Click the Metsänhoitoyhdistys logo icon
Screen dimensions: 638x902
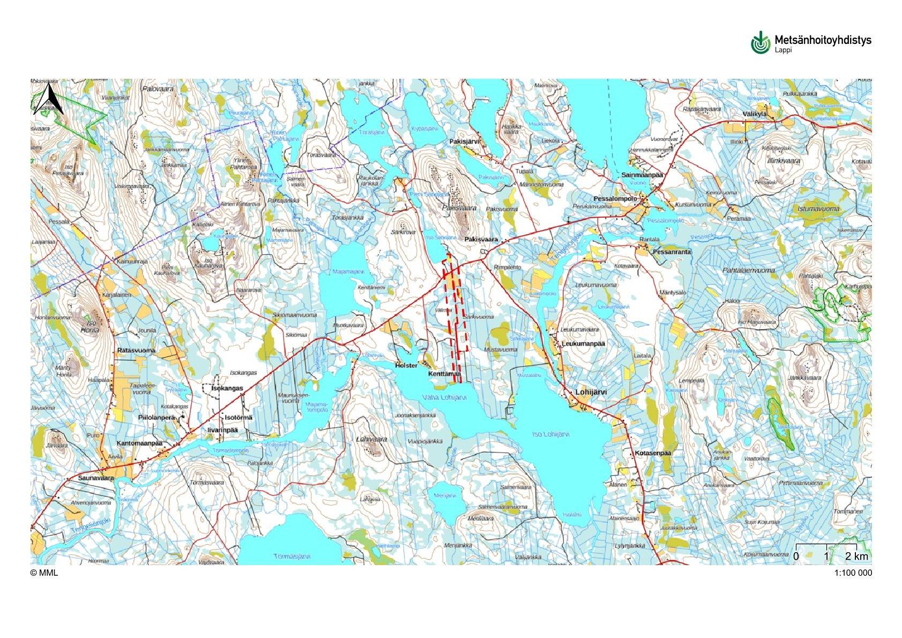tap(760, 43)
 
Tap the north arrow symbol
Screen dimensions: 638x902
tap(49, 99)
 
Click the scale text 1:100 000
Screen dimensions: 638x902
tap(853, 573)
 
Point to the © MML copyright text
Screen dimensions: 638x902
tap(44, 573)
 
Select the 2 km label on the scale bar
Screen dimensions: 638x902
tap(856, 556)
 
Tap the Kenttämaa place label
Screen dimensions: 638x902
tap(444, 374)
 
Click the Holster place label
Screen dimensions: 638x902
tap(406, 366)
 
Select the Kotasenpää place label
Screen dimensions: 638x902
tap(652, 454)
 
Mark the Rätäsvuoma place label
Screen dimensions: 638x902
tap(136, 351)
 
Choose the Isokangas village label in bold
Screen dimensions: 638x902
tap(227, 388)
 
